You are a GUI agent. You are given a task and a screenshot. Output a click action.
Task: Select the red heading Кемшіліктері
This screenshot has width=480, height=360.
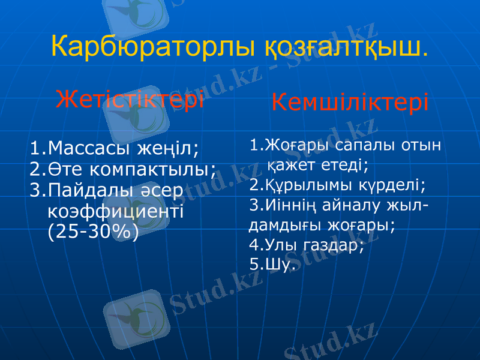pos(350,103)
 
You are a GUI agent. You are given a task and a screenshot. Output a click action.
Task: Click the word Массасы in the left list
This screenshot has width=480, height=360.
pos(90,147)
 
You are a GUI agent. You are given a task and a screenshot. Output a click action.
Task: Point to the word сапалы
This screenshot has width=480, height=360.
pos(365,145)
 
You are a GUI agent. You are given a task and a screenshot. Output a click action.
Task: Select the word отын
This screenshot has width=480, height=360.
pos(422,145)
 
